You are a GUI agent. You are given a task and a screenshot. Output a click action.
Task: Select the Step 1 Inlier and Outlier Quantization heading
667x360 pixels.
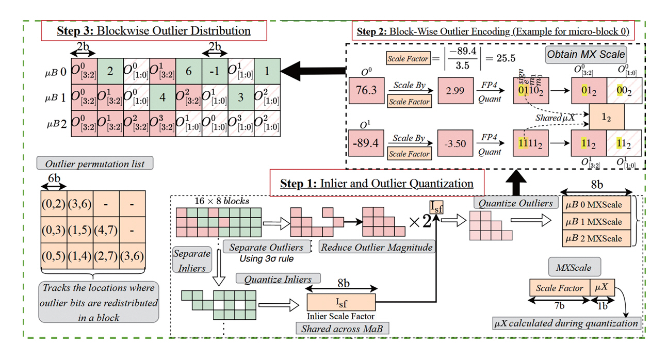[377, 183]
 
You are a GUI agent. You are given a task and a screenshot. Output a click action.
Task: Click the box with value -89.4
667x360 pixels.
[366, 143]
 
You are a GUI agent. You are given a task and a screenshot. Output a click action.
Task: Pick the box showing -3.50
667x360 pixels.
[455, 143]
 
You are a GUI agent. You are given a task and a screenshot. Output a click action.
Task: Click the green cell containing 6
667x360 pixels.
[189, 70]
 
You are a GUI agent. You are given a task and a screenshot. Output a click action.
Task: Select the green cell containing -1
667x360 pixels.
[215, 70]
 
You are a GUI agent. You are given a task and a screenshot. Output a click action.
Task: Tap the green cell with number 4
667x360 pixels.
[162, 97]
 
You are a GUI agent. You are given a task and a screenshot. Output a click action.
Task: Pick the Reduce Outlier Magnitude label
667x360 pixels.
[376, 248]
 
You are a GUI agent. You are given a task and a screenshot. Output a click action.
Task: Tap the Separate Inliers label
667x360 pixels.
[192, 260]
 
